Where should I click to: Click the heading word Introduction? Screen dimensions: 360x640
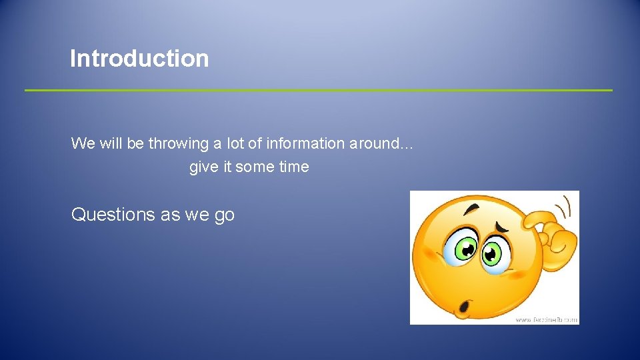[x=139, y=59]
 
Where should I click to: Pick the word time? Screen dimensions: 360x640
[x=294, y=167]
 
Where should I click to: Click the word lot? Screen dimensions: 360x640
[x=237, y=143]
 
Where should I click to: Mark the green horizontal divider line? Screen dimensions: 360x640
[x=319, y=90]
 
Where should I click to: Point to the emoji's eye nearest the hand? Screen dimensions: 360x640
[x=493, y=253]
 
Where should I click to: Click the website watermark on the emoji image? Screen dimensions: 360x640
[x=545, y=319]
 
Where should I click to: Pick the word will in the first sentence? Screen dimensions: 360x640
[x=111, y=143]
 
